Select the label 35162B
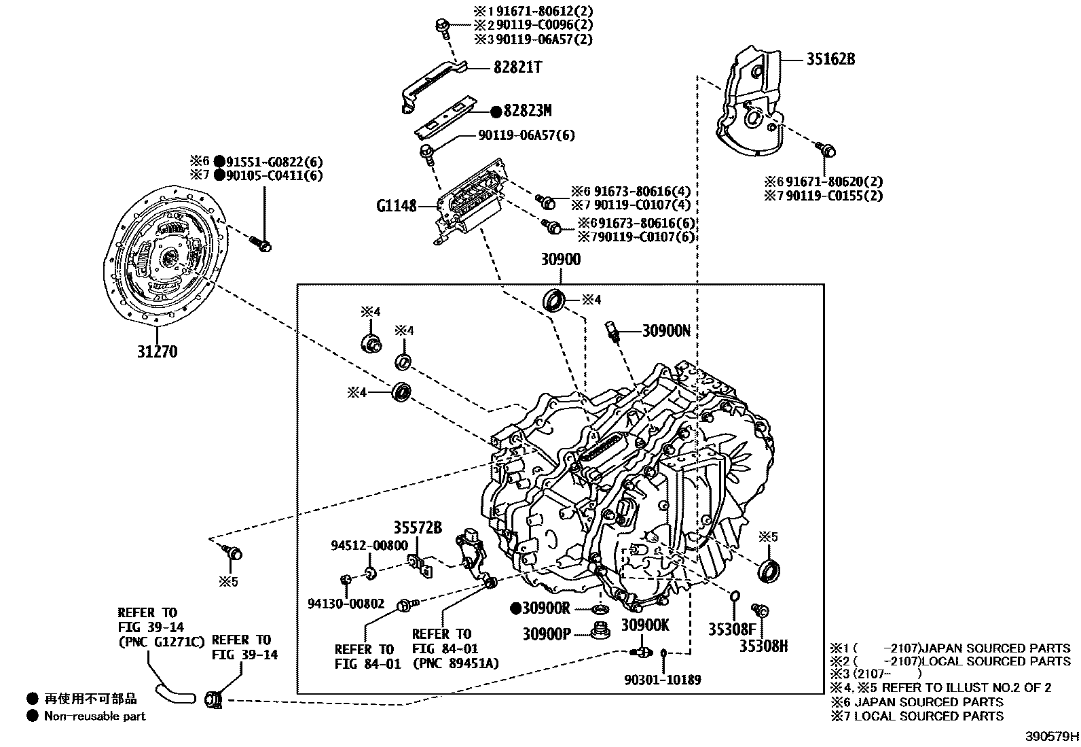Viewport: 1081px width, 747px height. (x=830, y=59)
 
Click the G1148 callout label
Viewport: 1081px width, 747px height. (x=397, y=205)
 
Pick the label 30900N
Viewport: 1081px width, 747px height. (x=666, y=331)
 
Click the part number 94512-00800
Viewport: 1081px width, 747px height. (x=369, y=545)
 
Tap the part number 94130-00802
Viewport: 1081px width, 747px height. (x=346, y=604)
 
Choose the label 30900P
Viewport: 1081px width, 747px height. (x=546, y=633)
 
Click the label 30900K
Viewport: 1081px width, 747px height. (x=645, y=625)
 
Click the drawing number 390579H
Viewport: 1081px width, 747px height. (x=1052, y=736)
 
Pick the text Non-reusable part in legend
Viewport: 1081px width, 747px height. (x=94, y=716)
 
